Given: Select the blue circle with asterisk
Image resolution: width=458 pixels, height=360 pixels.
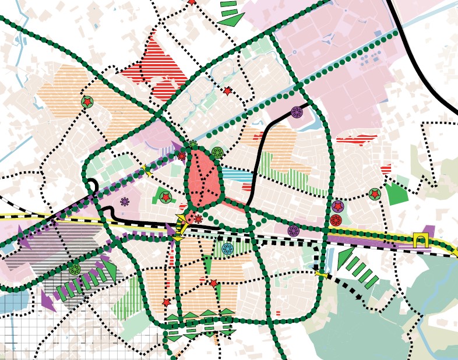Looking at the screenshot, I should pos(227,249).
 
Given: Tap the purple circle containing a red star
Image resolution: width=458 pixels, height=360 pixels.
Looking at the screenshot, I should pos(337,206).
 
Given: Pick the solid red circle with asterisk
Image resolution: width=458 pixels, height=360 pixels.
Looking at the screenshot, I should pos(336,220).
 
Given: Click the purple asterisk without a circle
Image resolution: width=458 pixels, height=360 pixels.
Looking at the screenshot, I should pos(125,202).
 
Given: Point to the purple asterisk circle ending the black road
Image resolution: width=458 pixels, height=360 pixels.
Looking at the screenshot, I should pos(297,112).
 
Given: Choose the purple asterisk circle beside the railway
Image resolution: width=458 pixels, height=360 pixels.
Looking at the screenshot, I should pos(294,231).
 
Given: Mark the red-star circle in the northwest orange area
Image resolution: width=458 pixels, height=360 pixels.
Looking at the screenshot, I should pos(87,103).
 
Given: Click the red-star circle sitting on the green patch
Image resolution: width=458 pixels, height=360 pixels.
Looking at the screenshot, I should pos(165,197).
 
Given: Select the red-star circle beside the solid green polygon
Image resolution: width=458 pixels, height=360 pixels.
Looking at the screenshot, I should pos(374,194).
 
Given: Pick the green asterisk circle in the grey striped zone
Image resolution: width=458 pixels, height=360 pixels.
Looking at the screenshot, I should pos(75,269).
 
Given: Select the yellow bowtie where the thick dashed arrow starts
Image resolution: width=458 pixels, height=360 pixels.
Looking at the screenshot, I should pos(319,273).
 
